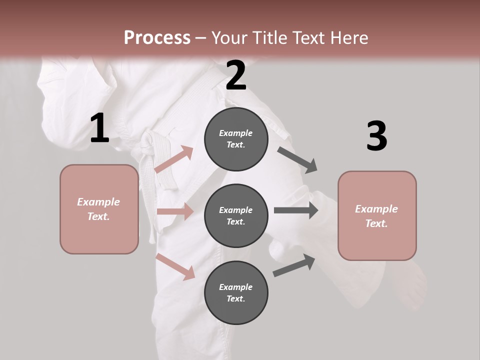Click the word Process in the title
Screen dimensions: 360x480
(x=157, y=37)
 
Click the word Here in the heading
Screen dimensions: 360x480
(x=346, y=37)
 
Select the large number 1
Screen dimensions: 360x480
(x=99, y=128)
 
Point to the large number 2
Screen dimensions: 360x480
(x=236, y=75)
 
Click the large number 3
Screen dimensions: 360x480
(x=376, y=136)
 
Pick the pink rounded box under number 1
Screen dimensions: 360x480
(x=99, y=209)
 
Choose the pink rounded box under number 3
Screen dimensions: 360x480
(x=377, y=216)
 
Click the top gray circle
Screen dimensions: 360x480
(x=236, y=139)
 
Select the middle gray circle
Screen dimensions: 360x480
(x=236, y=216)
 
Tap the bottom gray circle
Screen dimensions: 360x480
(x=236, y=293)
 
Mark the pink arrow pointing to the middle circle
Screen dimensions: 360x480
(x=175, y=211)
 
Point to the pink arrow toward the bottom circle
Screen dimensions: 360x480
(x=175, y=266)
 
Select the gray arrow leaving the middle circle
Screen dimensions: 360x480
(x=296, y=210)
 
